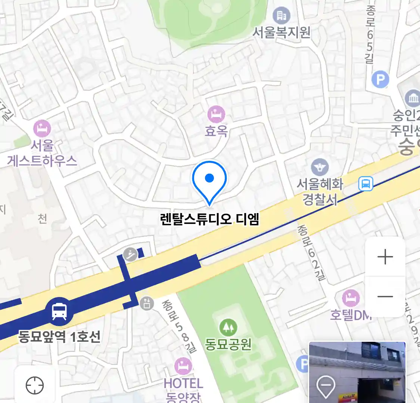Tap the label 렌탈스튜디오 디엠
tap(209, 219)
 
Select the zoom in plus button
tap(385, 257)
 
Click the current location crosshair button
tap(35, 385)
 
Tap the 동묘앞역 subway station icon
tap(59, 311)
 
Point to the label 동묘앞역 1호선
tap(59, 337)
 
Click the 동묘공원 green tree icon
tap(228, 327)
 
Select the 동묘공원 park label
tap(228, 344)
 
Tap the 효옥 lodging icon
tap(216, 114)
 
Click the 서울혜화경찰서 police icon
tap(320, 167)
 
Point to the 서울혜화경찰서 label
tap(320, 192)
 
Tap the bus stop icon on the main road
tap(365, 184)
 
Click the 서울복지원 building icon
tap(281, 16)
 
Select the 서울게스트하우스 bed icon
tap(42, 128)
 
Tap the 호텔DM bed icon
tap(351, 299)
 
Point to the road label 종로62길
tap(311, 253)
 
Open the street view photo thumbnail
tap(357, 372)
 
